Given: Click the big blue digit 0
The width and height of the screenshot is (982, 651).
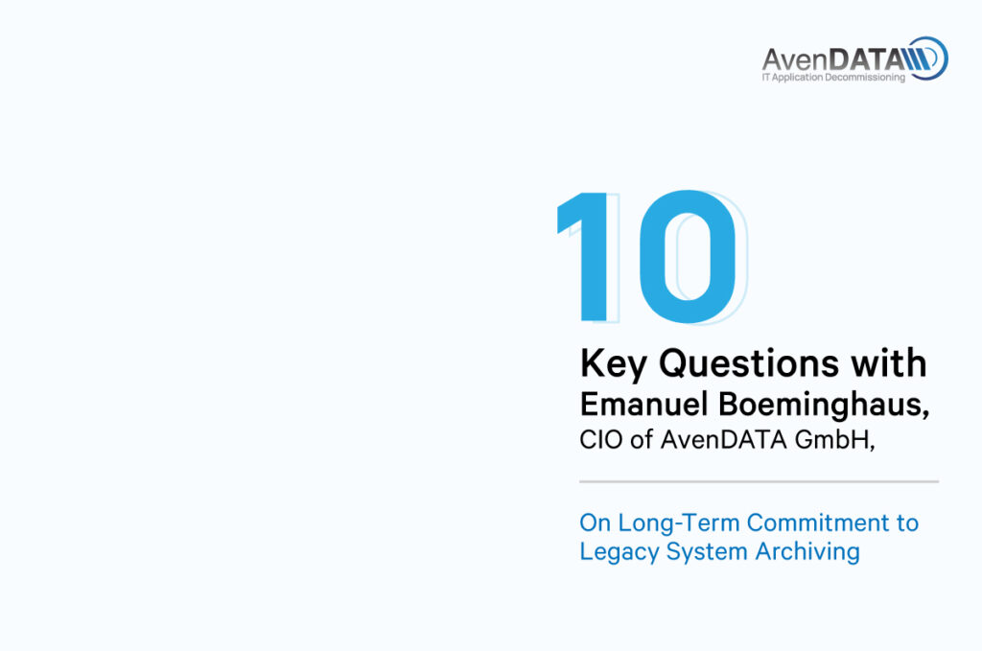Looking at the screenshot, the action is pos(688,257).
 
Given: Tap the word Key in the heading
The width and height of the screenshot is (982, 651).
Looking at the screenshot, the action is pos(613,363).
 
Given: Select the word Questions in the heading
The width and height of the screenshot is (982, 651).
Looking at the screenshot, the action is pos(748,363).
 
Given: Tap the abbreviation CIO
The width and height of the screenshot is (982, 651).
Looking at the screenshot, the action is pos(601,439).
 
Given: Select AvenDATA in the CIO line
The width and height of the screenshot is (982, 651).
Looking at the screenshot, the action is pos(723,439).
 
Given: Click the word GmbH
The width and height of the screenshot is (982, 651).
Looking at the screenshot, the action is pos(831,439).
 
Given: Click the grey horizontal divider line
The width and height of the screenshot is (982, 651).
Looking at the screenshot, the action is pos(760,482).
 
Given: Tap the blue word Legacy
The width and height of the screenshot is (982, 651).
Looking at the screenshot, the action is pos(619,552).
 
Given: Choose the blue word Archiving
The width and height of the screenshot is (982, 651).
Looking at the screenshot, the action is pos(807,552).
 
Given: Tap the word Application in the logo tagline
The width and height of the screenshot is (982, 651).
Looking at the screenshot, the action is pos(797,78).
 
